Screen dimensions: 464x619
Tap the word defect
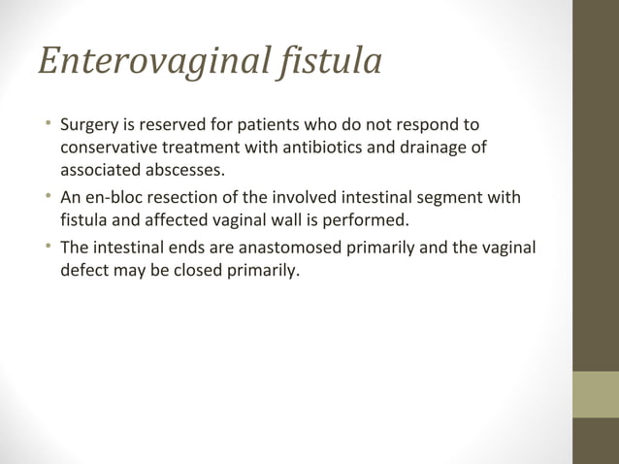85,269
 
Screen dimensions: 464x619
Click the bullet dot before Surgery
47,126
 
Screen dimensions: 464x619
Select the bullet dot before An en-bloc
47,198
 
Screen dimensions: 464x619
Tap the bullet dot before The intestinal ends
47,247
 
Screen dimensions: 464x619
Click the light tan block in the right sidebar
596,394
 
